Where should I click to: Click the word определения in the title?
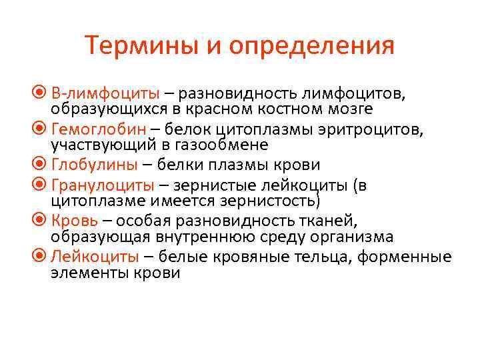pos(312,47)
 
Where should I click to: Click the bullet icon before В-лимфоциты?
pos(43,91)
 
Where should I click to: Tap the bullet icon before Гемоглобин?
pos(43,128)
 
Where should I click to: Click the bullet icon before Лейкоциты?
pos(43,257)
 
